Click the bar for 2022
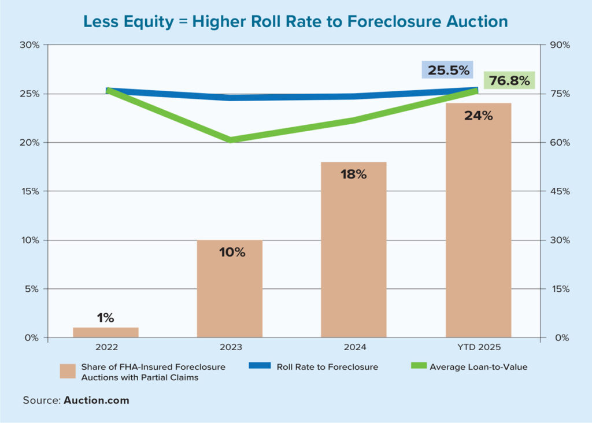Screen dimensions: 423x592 pyautogui.click(x=106, y=332)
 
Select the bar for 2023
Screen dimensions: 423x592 pyautogui.click(x=230, y=289)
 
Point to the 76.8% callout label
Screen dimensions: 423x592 pyautogui.click(x=509, y=81)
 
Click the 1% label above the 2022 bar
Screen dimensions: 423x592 pyautogui.click(x=105, y=317)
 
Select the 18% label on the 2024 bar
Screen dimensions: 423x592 pyautogui.click(x=354, y=174)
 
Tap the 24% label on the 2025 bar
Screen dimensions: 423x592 pyautogui.click(x=479, y=116)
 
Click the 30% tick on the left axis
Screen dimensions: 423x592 pyautogui.click(x=29, y=45)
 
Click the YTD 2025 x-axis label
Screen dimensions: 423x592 pyautogui.click(x=479, y=348)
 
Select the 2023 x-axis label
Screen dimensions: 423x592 pyautogui.click(x=230, y=348)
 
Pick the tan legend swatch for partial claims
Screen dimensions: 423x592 pyautogui.click(x=68, y=370)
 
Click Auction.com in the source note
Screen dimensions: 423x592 pyautogui.click(x=97, y=400)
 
